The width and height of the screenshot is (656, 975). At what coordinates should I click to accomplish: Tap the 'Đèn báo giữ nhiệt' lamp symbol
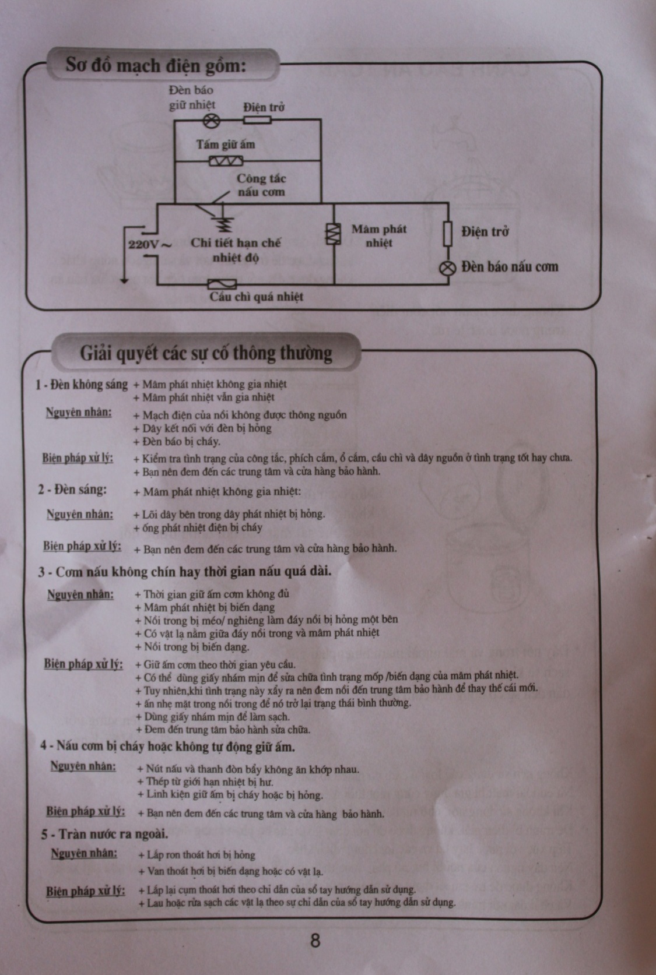click(212, 121)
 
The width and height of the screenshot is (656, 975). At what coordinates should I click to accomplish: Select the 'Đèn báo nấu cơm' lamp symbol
click(447, 267)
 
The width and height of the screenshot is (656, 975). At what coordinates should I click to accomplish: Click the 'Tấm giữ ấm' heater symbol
click(226, 161)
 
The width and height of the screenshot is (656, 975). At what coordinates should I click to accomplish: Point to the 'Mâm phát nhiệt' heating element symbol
click(333, 234)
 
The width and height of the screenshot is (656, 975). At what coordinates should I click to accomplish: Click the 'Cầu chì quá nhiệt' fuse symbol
click(222, 284)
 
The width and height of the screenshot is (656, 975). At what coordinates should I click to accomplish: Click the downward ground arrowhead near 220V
click(124, 281)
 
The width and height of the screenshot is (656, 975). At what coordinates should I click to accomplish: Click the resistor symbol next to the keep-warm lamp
click(257, 119)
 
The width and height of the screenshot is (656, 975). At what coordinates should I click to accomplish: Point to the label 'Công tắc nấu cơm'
click(261, 185)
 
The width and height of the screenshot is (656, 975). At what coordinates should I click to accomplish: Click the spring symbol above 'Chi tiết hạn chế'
click(226, 225)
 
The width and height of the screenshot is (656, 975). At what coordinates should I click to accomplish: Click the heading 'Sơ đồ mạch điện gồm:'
click(156, 65)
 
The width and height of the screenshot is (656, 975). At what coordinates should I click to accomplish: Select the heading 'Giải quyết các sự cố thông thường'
click(206, 353)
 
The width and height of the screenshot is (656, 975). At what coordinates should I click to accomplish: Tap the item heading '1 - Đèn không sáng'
click(82, 385)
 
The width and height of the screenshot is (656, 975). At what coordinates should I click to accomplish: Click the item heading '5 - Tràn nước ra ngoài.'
click(104, 834)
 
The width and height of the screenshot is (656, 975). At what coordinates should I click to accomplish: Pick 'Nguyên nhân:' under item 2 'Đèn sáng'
click(80, 515)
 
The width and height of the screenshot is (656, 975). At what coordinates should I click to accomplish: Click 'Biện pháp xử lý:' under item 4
click(86, 811)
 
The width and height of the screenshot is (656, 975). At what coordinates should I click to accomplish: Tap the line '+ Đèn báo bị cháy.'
click(177, 442)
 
